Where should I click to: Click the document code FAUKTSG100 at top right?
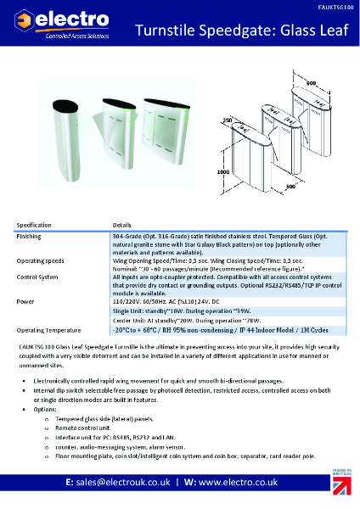click(335, 5)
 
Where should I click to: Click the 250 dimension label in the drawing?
click(228, 120)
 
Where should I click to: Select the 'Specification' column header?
click(35, 225)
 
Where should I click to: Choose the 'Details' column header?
click(122, 225)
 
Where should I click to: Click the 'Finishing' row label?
click(30, 236)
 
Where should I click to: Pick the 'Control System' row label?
click(37, 277)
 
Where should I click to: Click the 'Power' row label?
click(25, 299)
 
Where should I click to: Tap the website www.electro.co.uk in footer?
click(245, 482)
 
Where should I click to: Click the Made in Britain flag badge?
click(342, 486)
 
